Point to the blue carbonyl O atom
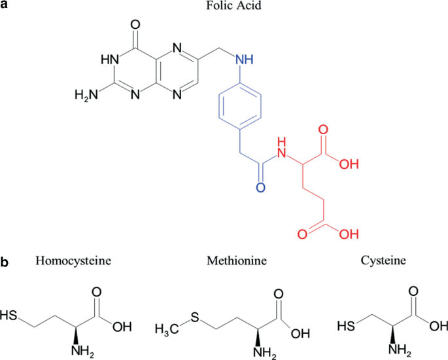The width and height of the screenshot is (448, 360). coord(260,189)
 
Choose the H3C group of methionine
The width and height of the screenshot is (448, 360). coord(169,325)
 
